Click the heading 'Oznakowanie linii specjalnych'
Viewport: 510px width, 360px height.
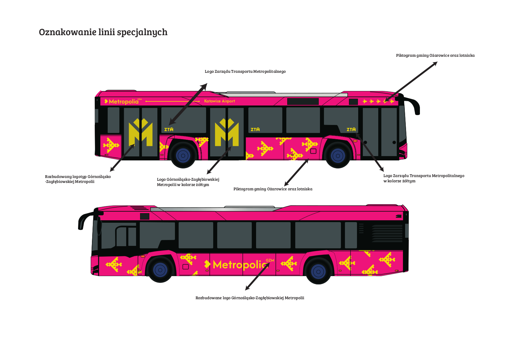click(103, 32)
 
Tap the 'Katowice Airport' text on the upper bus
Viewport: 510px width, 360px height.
click(219, 101)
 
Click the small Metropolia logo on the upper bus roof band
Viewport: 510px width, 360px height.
click(123, 101)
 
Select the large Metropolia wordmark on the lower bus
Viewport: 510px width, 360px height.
click(239, 264)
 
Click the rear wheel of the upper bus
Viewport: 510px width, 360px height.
click(183, 155)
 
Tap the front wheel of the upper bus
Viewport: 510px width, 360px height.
click(338, 156)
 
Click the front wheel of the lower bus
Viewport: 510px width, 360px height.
click(160, 270)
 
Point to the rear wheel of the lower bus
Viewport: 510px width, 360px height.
click(318, 271)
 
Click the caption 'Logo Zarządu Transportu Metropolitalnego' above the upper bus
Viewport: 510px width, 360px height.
click(245, 72)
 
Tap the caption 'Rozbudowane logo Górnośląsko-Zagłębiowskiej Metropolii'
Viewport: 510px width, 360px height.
click(250, 298)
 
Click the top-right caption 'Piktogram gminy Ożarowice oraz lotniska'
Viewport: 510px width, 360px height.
click(435, 55)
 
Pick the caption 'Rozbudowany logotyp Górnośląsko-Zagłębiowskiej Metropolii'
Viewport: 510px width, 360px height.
click(78, 179)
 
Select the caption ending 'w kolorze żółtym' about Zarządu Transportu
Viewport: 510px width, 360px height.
click(424, 178)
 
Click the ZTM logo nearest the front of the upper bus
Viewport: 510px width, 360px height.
click(351, 129)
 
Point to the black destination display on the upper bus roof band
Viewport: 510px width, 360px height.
click(303, 101)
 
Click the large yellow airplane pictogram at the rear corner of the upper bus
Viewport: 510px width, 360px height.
click(111, 145)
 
